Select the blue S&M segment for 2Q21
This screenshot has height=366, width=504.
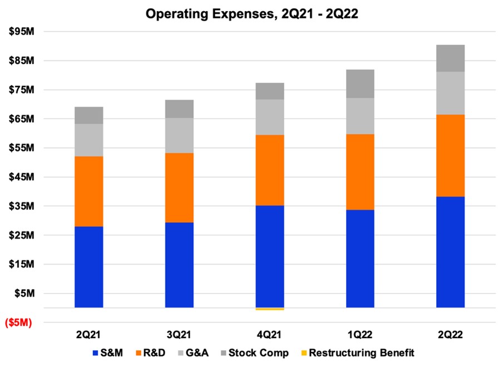point(88,267)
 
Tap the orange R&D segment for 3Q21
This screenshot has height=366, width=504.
point(179,188)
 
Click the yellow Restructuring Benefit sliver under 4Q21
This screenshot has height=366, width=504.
point(270,309)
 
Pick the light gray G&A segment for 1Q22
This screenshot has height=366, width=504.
point(360,116)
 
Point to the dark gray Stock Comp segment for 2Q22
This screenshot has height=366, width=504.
point(450,58)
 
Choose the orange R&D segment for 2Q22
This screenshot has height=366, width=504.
point(450,155)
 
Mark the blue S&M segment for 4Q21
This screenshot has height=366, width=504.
point(270,256)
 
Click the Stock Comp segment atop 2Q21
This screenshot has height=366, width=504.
point(88,115)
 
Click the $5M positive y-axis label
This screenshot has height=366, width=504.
point(24,293)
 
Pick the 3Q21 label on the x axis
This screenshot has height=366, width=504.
point(179,335)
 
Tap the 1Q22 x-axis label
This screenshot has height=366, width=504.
point(360,335)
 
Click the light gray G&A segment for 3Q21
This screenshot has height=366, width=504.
point(179,135)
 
